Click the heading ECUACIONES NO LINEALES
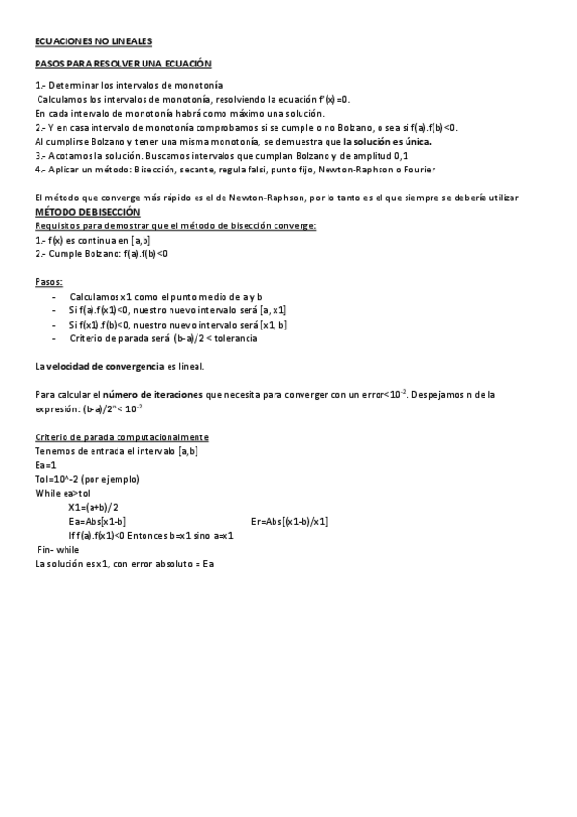coord(92,41)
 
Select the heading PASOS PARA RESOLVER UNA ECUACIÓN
coord(122,63)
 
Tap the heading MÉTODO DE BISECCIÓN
coord(88,211)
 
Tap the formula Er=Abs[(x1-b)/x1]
coord(289,522)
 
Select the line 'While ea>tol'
coord(67,492)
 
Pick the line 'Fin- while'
coord(58,549)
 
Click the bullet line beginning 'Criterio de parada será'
coord(163,338)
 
